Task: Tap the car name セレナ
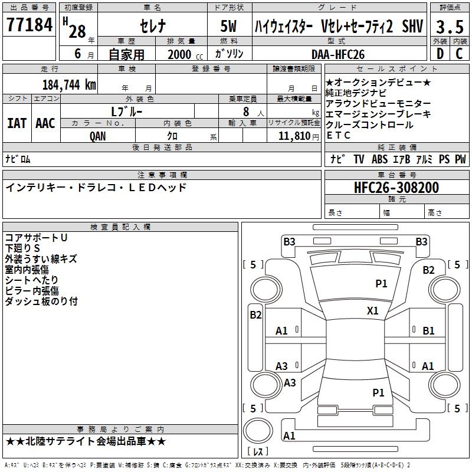(152, 27)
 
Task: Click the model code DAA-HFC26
(338, 54)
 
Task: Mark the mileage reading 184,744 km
(70, 84)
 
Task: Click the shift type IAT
(17, 123)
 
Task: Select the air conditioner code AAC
(45, 123)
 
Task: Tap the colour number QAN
(99, 136)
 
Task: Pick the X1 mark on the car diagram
(373, 310)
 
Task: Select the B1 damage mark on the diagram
(428, 331)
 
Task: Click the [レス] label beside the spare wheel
(258, 453)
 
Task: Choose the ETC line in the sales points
(339, 135)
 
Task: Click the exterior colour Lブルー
(127, 111)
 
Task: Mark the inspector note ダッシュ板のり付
(41, 301)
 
